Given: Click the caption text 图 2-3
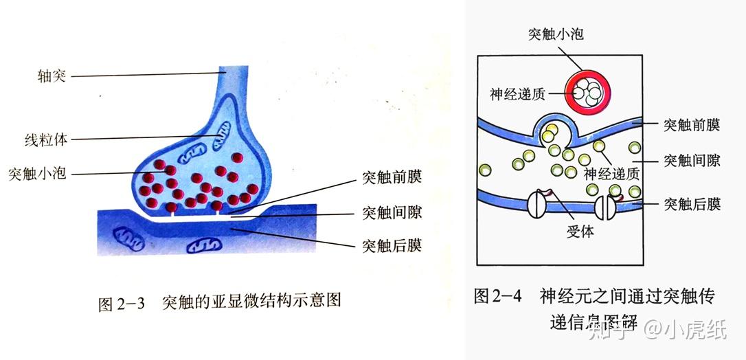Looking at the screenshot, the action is (x=122, y=303).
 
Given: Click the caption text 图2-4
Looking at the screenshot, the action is (x=498, y=296).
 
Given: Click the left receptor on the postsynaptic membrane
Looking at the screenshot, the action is (x=537, y=204).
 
